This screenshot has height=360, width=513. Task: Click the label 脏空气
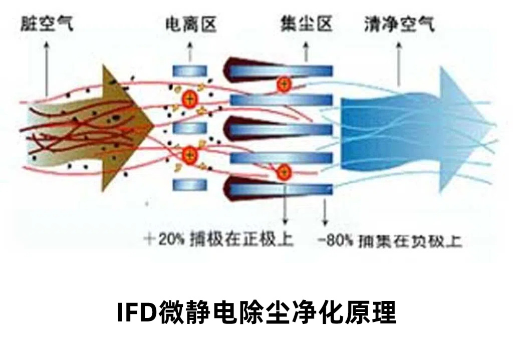pos(47,24)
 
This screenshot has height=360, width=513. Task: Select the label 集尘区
pos(307,24)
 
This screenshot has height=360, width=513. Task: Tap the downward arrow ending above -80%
pos(325,210)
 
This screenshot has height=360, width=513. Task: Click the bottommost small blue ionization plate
pos(190,185)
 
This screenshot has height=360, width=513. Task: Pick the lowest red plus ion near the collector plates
pos(284,173)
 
